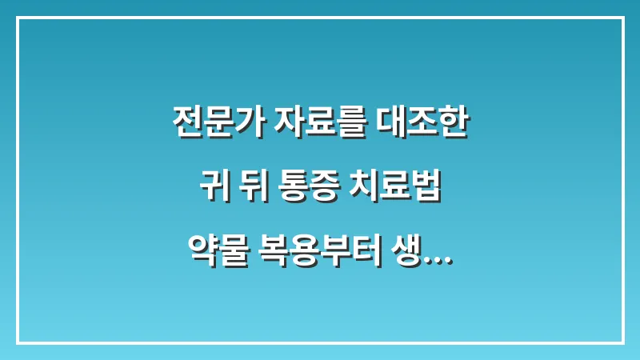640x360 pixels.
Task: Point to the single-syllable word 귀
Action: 210,190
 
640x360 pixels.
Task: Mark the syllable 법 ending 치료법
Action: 426,190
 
